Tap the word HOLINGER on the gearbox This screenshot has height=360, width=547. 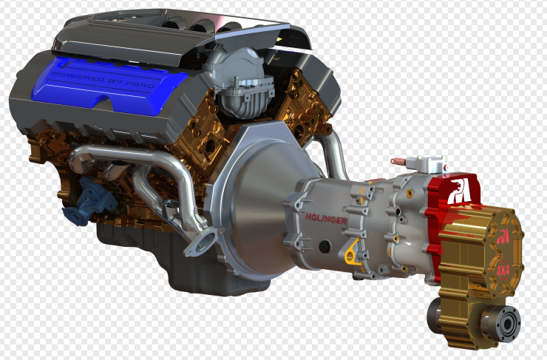point(325,217)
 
